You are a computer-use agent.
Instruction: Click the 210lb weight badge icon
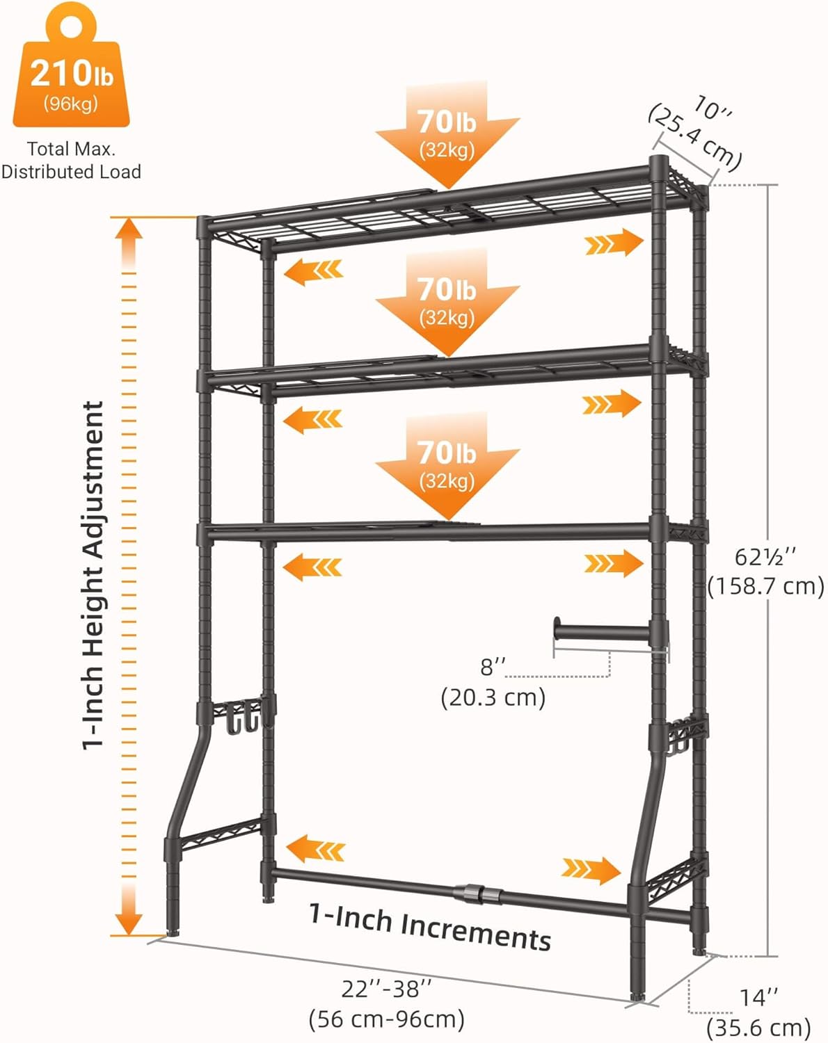point(71,65)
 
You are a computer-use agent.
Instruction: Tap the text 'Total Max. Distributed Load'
point(71,161)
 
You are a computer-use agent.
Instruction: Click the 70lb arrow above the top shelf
point(447,136)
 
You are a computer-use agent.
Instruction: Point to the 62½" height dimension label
point(765,572)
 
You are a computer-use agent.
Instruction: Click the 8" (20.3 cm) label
point(493,682)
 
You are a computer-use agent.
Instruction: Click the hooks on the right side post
point(678,740)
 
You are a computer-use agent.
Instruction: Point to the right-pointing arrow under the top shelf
point(614,243)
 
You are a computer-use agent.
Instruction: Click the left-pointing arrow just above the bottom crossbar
point(315,848)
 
